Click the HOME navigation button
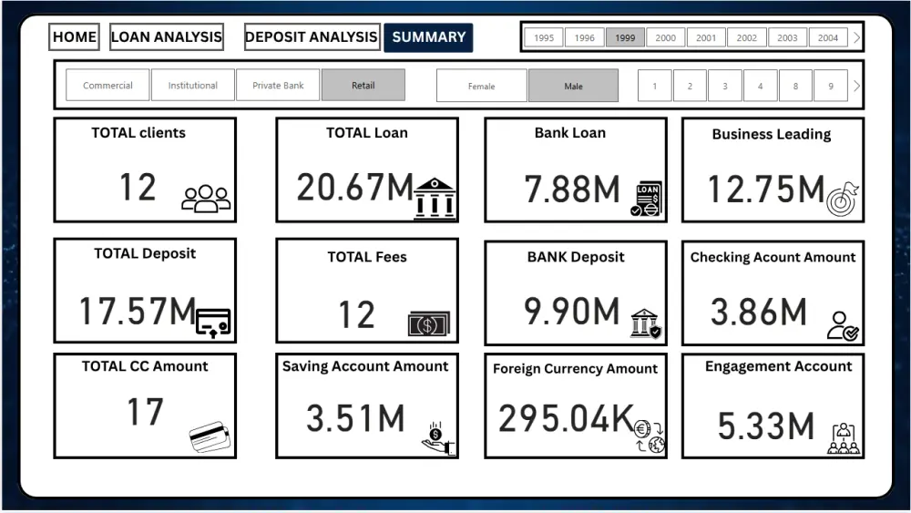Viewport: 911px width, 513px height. point(75,37)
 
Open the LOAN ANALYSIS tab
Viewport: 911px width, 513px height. point(167,37)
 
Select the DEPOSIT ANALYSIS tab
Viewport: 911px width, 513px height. point(312,37)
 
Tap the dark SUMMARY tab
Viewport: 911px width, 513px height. point(428,37)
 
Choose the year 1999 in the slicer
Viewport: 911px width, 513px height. point(625,37)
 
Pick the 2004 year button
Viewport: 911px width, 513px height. point(827,37)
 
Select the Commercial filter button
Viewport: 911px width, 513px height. point(107,86)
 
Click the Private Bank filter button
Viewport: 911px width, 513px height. point(278,86)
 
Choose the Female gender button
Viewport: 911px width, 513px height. point(481,86)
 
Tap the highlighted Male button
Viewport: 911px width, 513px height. point(573,86)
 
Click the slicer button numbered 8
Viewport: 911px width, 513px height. point(795,86)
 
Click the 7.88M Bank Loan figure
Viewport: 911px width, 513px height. point(571,190)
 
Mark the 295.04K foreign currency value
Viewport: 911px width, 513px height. point(566,418)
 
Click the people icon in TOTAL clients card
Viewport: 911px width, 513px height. point(206,198)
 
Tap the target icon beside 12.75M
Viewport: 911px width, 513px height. point(843,199)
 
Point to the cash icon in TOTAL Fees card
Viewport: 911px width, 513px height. point(428,323)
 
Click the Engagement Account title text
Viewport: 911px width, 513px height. point(778,366)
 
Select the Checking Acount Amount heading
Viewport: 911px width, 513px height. point(773,257)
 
